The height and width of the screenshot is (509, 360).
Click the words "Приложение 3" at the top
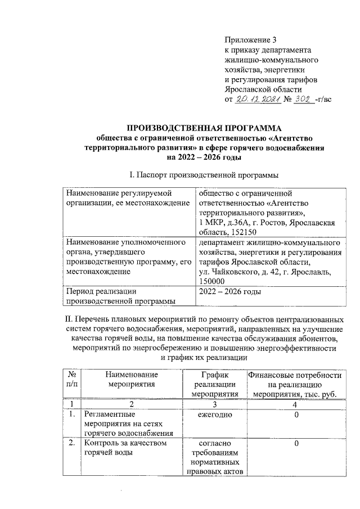pyautogui.click(x=251, y=40)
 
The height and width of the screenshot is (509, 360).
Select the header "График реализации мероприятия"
pyautogui.click(x=211, y=384)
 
